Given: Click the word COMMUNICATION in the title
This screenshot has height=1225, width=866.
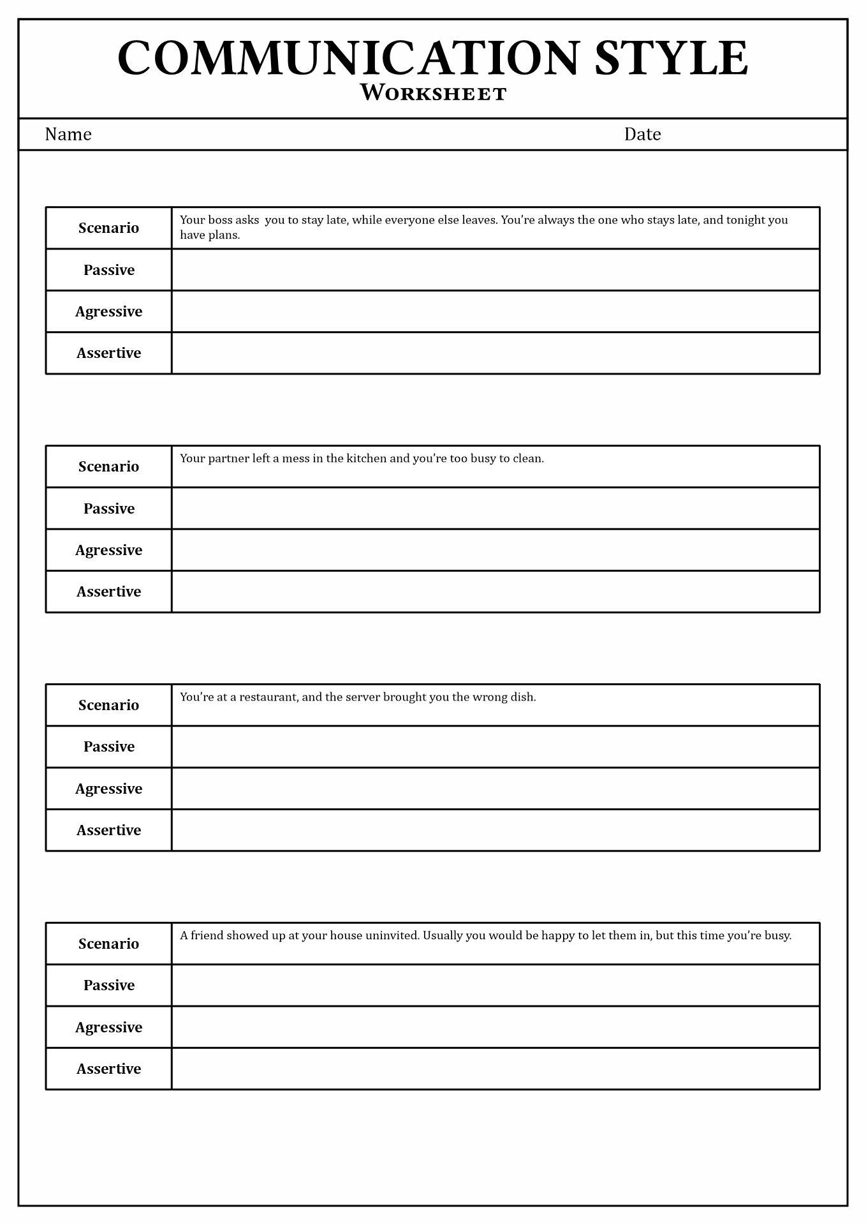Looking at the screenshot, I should coord(348,59).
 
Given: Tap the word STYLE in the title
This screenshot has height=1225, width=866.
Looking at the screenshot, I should coord(671,59).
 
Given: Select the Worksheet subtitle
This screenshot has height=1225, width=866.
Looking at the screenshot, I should coord(433,94).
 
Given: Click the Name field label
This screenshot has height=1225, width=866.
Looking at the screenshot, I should coord(68,134).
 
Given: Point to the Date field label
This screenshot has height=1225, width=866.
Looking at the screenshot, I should coord(642,134).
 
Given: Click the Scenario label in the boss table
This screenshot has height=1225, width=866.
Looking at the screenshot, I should coord(108,228).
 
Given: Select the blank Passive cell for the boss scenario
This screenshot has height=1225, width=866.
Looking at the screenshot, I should coord(495,270).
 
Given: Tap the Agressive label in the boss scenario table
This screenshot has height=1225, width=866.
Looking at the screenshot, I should coord(108,311).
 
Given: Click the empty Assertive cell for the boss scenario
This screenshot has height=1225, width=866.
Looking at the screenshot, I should coord(495,353).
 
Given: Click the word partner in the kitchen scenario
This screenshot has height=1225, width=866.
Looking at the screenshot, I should coord(228,459).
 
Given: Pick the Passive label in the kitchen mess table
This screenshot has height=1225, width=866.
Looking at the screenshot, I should coord(108,509).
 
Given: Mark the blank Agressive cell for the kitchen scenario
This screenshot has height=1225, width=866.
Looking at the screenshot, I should coord(495,550).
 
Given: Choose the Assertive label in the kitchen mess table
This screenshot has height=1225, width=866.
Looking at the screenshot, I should coord(108,591).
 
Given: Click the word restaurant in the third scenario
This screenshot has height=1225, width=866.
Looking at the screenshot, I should coord(268,697).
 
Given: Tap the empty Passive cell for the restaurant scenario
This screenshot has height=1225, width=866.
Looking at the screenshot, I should coord(495,746).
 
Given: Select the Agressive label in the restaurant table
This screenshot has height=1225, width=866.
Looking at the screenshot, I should coord(108,789).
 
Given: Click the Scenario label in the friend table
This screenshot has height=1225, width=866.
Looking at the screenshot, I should coord(108,944).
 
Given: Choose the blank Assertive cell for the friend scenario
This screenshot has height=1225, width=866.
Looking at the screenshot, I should coord(495,1069).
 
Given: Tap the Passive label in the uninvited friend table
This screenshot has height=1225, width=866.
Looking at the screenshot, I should coord(108,985).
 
